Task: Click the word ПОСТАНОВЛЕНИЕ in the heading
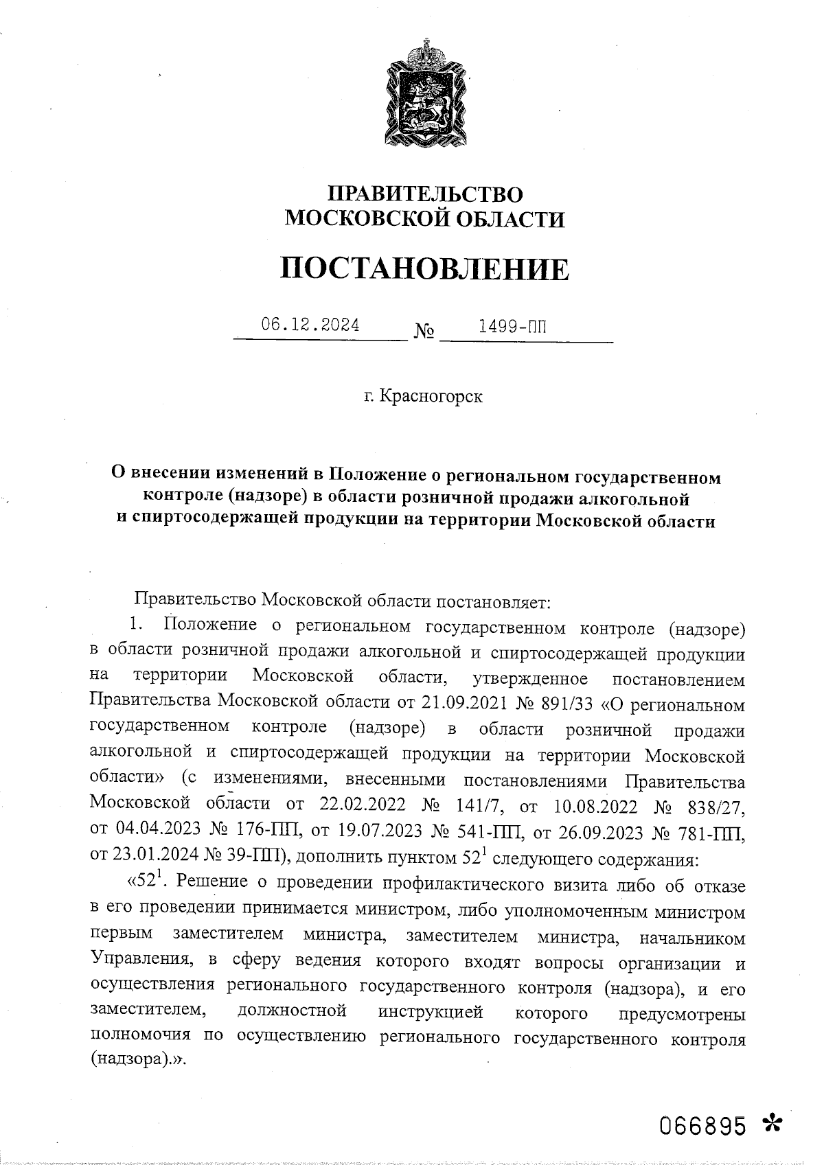tap(424, 268)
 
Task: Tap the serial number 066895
tap(702, 1126)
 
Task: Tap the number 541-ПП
tap(488, 829)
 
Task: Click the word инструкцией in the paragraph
tap(430, 1013)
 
